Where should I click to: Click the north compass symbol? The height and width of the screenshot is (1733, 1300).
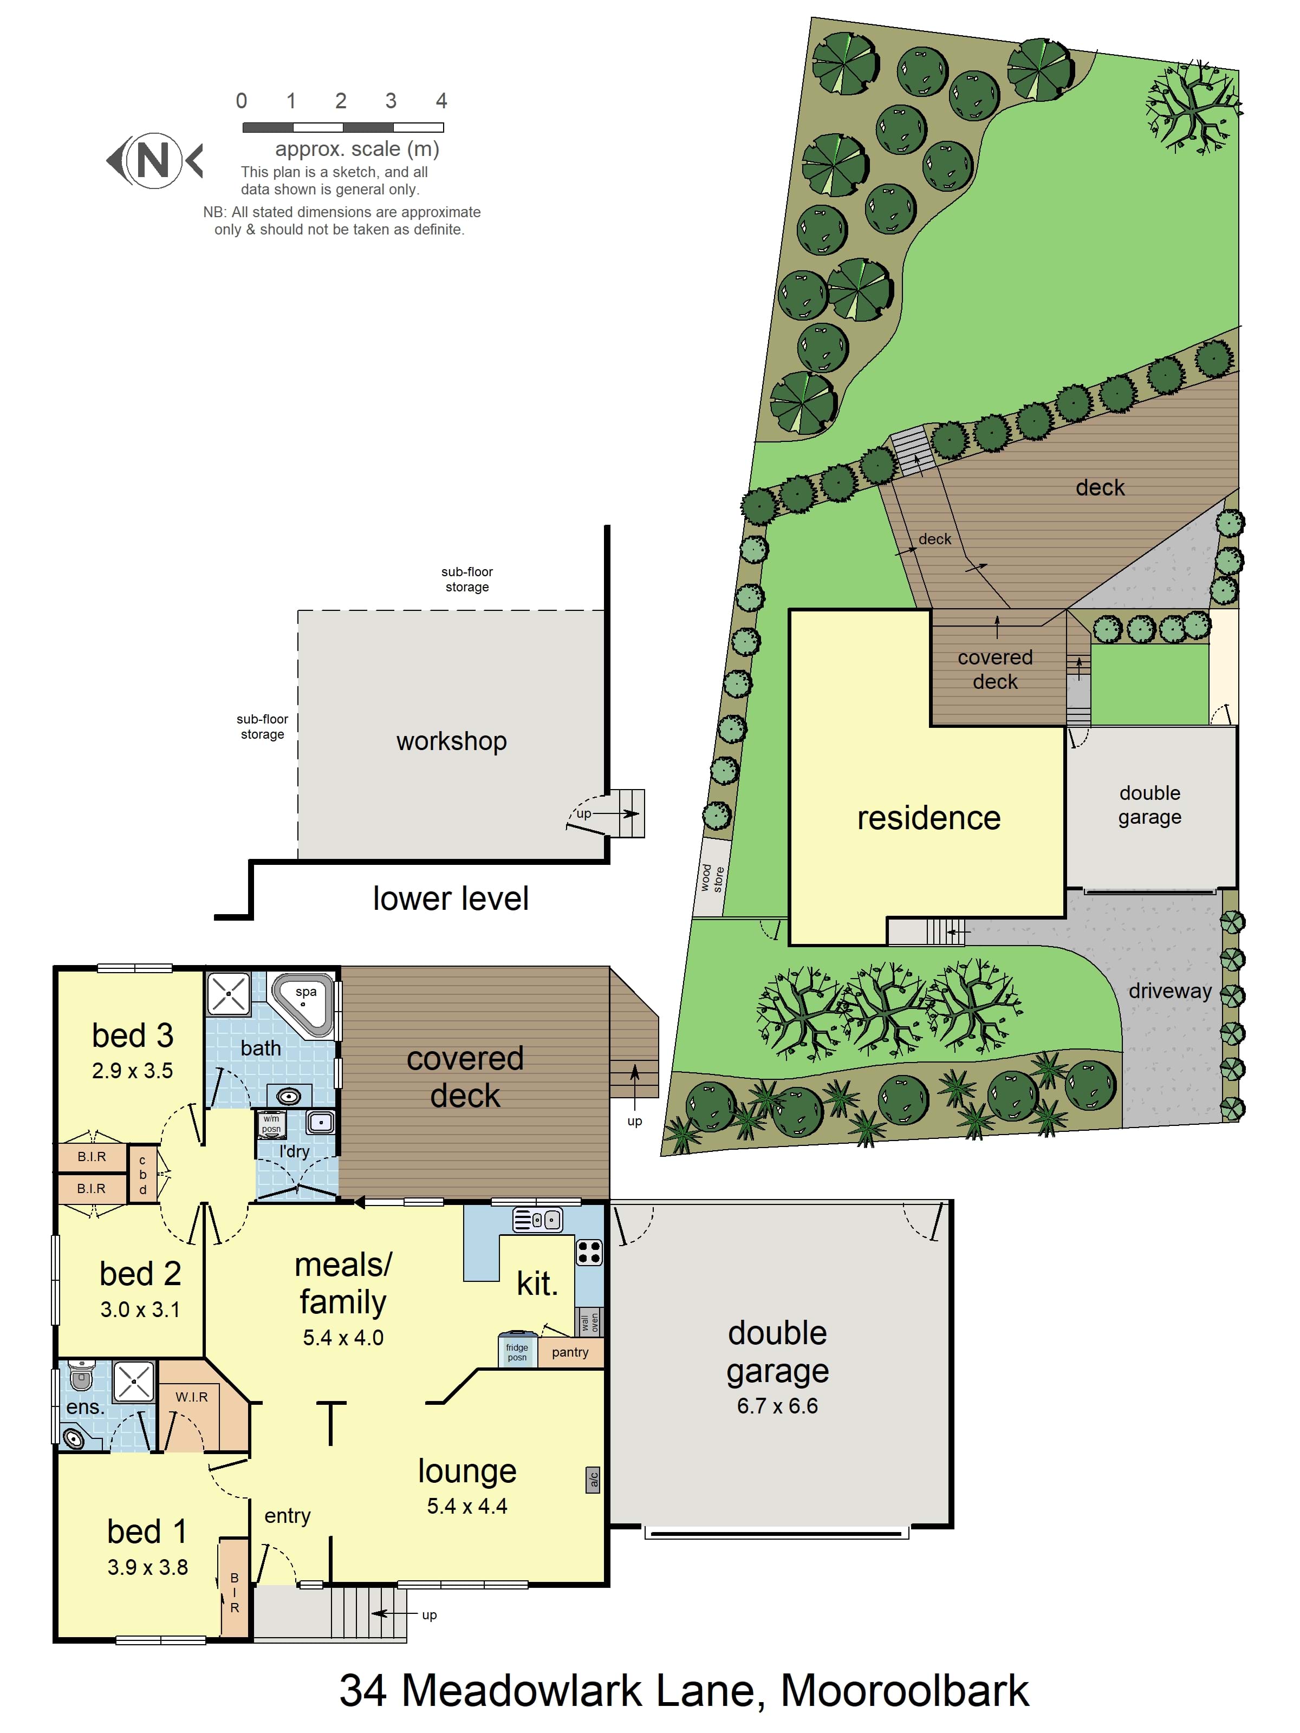click(154, 161)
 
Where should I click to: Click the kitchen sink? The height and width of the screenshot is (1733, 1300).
click(537, 1220)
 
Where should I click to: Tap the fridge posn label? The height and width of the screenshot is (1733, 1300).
click(517, 1352)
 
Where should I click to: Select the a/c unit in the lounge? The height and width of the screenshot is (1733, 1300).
click(593, 1479)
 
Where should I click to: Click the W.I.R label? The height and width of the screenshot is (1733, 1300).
click(192, 1397)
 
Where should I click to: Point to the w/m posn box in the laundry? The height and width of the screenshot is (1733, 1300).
click(271, 1124)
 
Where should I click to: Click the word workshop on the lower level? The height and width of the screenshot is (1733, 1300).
click(451, 741)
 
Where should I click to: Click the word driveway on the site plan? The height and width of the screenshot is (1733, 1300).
click(1170, 991)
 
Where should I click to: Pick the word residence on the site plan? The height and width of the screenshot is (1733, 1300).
click(928, 818)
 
